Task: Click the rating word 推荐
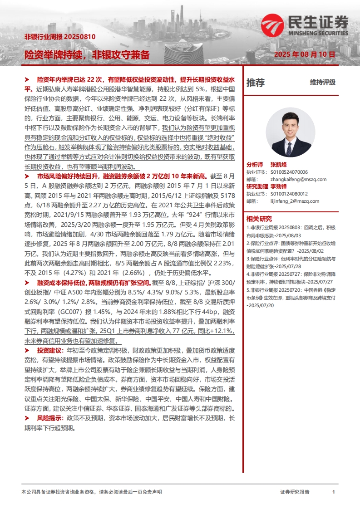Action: coord(255,83)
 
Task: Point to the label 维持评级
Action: coord(322,82)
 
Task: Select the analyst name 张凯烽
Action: coord(278,165)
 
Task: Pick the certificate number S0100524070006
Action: coord(289,172)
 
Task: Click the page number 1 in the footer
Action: coord(333,492)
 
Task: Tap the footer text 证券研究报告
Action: coord(295,492)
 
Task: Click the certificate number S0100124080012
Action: coord(289,194)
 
